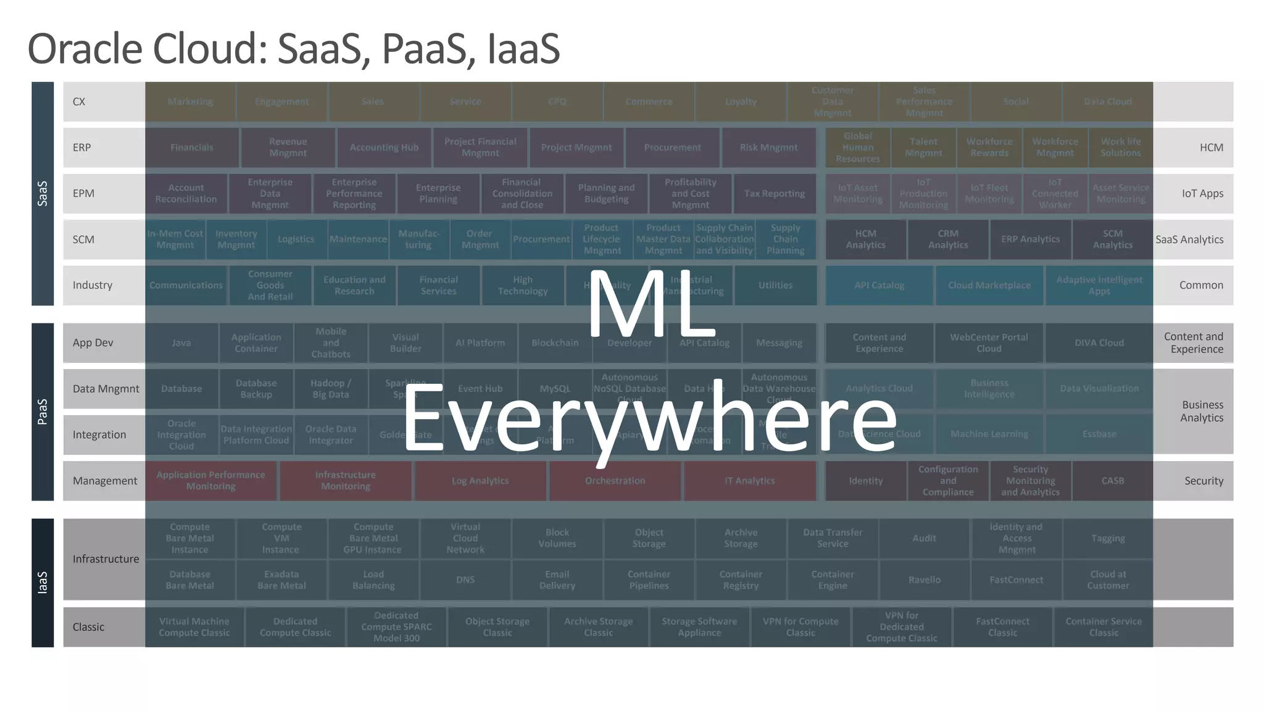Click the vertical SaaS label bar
(x=43, y=193)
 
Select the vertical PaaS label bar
(x=43, y=412)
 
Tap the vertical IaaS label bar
(x=43, y=582)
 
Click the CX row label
(x=79, y=102)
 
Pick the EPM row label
(x=83, y=193)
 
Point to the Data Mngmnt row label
(x=106, y=389)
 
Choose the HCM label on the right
(x=1211, y=148)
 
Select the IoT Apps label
(x=1202, y=193)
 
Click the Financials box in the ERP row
(x=191, y=148)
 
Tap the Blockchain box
(x=555, y=343)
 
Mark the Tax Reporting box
(x=774, y=193)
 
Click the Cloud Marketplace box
(x=989, y=285)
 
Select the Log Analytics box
(x=480, y=481)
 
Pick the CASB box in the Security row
(x=1112, y=481)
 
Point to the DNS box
(x=465, y=580)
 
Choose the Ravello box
(x=924, y=580)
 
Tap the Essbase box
(x=1099, y=434)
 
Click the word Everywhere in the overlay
(x=649, y=418)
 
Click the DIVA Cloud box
(x=1099, y=343)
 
